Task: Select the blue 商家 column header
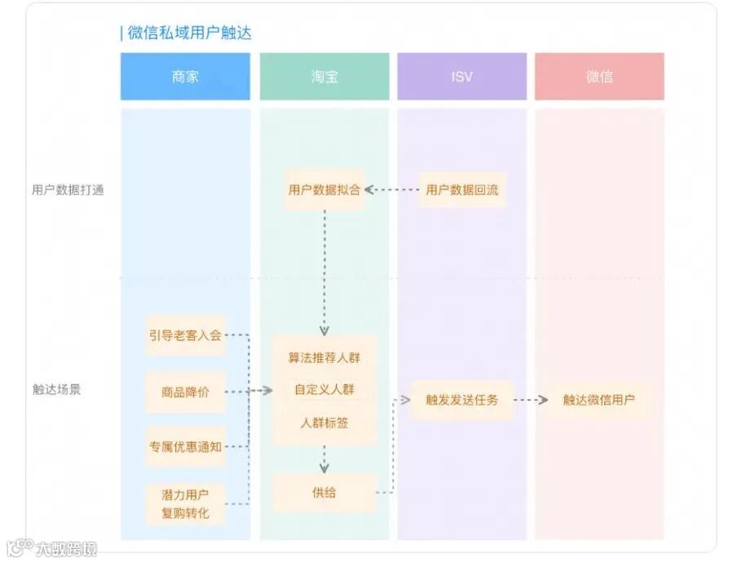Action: (x=185, y=77)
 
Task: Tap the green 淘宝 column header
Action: (x=325, y=77)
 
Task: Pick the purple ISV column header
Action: (x=462, y=77)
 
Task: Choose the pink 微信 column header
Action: (x=599, y=77)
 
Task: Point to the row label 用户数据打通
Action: (x=68, y=190)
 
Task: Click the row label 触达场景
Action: (x=56, y=389)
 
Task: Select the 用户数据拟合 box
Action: (x=324, y=190)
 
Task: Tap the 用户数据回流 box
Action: (x=462, y=190)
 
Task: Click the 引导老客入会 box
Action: (x=185, y=335)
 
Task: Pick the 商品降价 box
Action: (x=185, y=392)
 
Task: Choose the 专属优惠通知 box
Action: (x=185, y=446)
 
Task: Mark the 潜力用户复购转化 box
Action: (x=185, y=503)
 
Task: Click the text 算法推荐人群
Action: (x=324, y=357)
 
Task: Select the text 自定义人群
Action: (x=324, y=389)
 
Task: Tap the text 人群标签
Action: (x=324, y=422)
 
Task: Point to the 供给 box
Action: (x=324, y=492)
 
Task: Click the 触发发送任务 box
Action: (x=462, y=400)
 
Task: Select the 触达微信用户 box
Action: (x=599, y=400)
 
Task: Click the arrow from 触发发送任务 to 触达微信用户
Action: (x=530, y=400)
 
